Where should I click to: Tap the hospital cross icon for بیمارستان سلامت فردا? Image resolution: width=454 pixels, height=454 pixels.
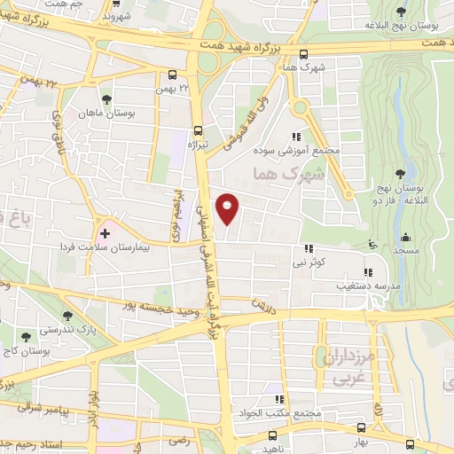coord(106,233)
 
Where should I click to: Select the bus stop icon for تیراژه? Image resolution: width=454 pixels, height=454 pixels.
coord(197,128)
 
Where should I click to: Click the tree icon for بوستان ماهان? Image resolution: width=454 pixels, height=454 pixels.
coord(106,99)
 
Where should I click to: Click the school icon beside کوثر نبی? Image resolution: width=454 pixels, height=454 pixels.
coord(309,248)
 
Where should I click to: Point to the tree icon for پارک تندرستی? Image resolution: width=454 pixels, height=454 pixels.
coord(68,315)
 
